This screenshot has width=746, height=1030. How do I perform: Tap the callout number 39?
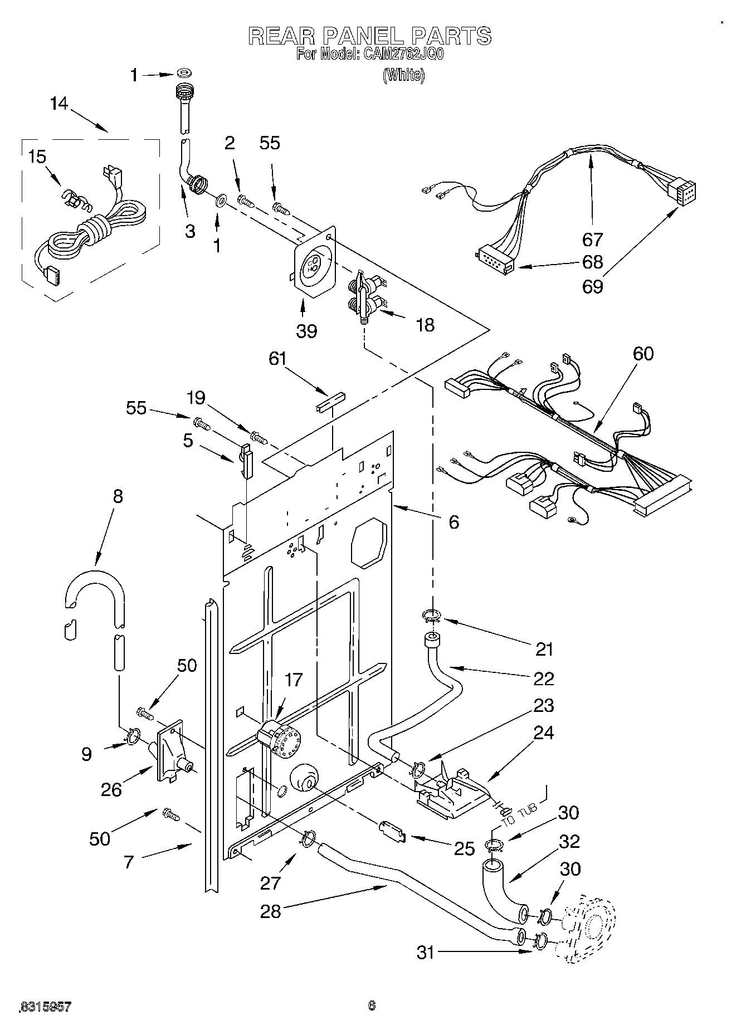click(306, 331)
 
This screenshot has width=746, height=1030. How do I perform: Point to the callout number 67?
click(592, 240)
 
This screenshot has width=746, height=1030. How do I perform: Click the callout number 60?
click(643, 353)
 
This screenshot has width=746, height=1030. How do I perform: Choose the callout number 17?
click(294, 680)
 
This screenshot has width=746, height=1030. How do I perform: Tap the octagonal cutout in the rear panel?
click(368, 543)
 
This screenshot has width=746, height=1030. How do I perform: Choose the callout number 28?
click(271, 911)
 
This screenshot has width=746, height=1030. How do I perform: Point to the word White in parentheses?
click(403, 75)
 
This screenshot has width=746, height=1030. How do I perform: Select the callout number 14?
click(58, 104)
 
